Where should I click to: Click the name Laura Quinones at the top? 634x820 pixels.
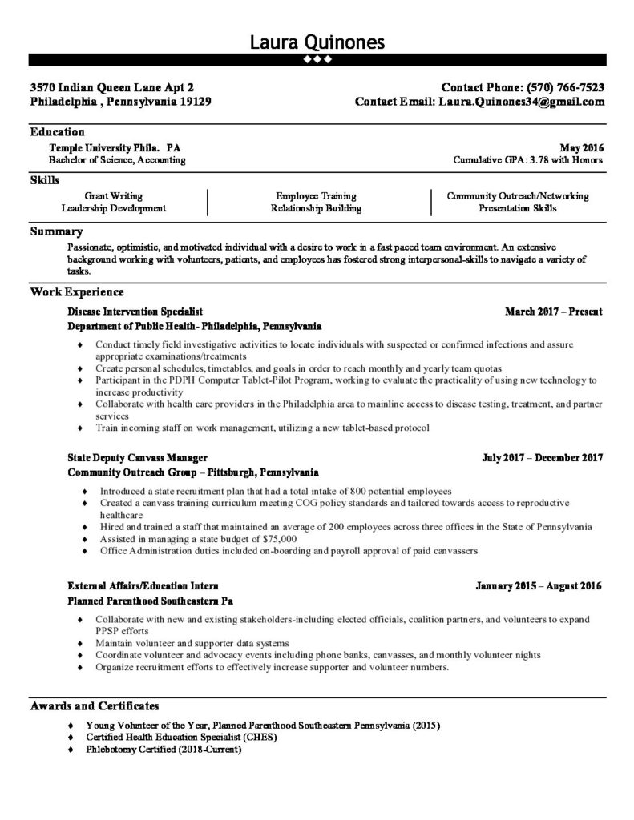(317, 42)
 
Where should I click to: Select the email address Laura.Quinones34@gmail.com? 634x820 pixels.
(521, 102)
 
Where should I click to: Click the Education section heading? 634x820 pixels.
(57, 132)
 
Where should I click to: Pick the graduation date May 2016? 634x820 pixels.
(582, 148)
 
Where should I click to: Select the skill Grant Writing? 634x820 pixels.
(114, 196)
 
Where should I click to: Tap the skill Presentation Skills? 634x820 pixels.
(517, 208)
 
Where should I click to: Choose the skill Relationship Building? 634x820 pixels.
(316, 208)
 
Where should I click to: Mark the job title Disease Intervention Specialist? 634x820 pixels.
(135, 311)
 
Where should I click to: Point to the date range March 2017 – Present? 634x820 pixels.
(553, 311)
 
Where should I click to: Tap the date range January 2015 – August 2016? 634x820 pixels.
(538, 586)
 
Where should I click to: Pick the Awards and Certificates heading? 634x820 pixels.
(95, 706)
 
